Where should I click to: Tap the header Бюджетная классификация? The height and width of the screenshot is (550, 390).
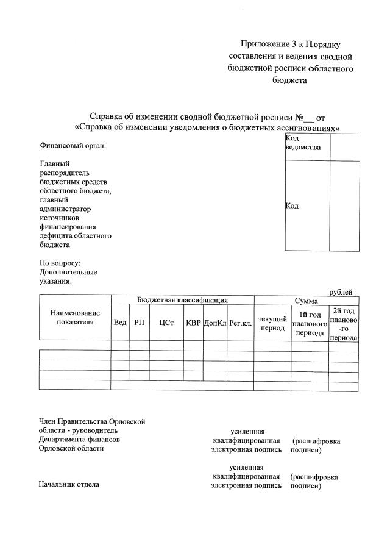182,300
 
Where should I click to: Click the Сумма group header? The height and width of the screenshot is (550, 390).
307,301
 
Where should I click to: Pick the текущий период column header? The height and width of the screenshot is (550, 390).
272,323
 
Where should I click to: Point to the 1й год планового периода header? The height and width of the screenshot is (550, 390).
310,324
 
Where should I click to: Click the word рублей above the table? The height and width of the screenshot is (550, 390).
341,292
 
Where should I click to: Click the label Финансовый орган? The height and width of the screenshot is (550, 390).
73,146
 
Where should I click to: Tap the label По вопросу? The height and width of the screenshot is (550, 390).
60,263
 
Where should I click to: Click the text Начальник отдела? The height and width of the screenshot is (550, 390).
69,485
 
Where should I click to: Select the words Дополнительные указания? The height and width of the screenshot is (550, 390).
68,277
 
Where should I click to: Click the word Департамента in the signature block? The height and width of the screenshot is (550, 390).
64,439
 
